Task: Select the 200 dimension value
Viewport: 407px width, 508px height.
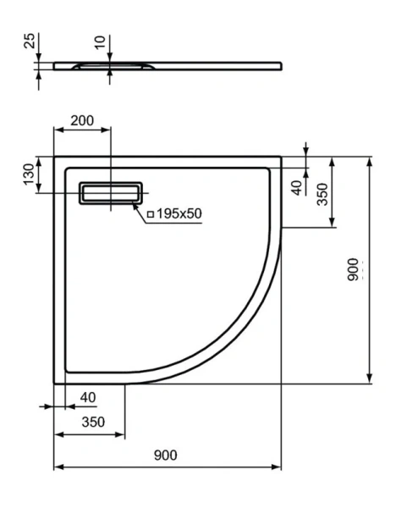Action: [82, 121]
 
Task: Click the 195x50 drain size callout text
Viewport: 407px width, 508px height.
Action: [179, 214]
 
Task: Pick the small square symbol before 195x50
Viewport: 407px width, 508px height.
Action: [150, 215]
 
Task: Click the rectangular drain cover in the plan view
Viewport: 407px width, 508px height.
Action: [111, 193]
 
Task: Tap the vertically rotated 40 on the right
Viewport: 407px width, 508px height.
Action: [296, 187]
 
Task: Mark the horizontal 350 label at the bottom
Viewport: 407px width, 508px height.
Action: [91, 422]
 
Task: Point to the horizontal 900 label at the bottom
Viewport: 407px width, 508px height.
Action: [166, 456]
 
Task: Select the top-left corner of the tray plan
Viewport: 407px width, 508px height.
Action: [55, 157]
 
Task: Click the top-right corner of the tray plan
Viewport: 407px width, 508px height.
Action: [281, 157]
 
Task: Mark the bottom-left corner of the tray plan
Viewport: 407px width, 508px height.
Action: [55, 382]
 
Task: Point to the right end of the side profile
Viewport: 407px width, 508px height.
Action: [281, 63]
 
